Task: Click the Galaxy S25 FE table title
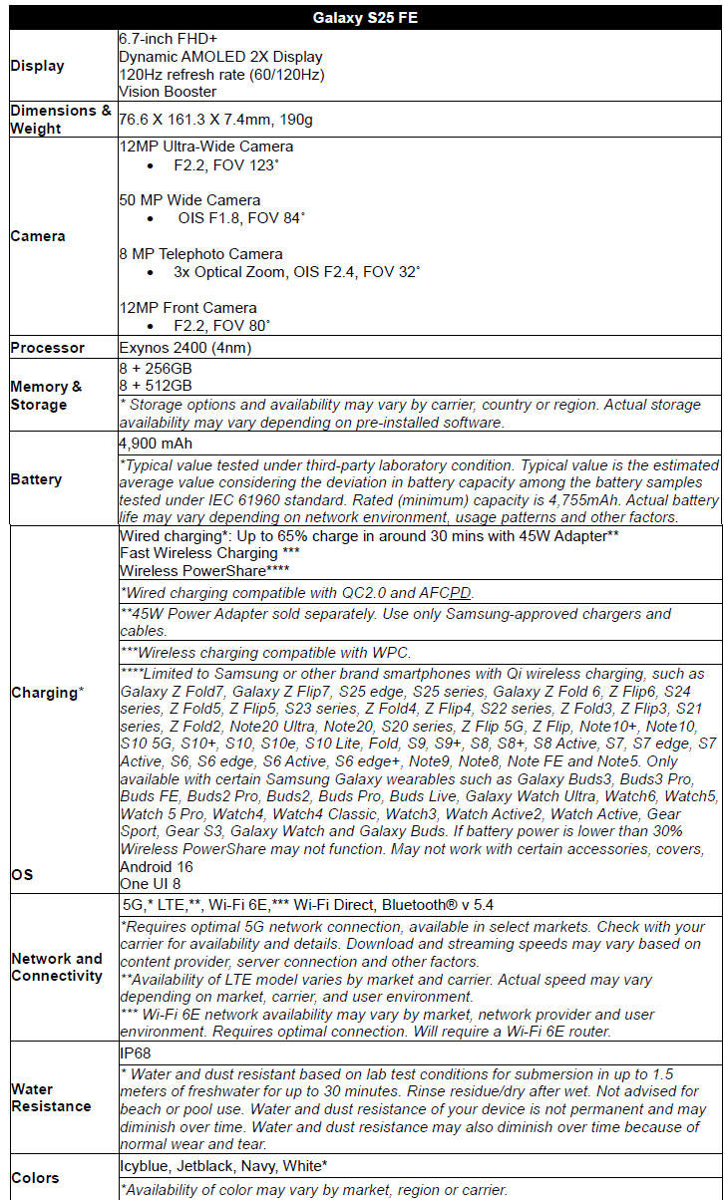[361, 18]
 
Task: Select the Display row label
[37, 66]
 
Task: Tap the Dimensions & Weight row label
[60, 120]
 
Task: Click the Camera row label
[38, 236]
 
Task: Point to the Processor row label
[47, 348]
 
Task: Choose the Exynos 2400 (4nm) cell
[183, 348]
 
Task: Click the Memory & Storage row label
[46, 396]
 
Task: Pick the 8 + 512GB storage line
[156, 385]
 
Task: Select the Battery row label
[36, 479]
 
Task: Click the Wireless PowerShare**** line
[205, 571]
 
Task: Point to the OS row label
[22, 874]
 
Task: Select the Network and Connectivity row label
[57, 967]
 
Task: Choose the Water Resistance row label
[51, 1097]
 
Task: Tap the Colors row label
[35, 1178]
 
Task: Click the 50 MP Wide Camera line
[189, 200]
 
